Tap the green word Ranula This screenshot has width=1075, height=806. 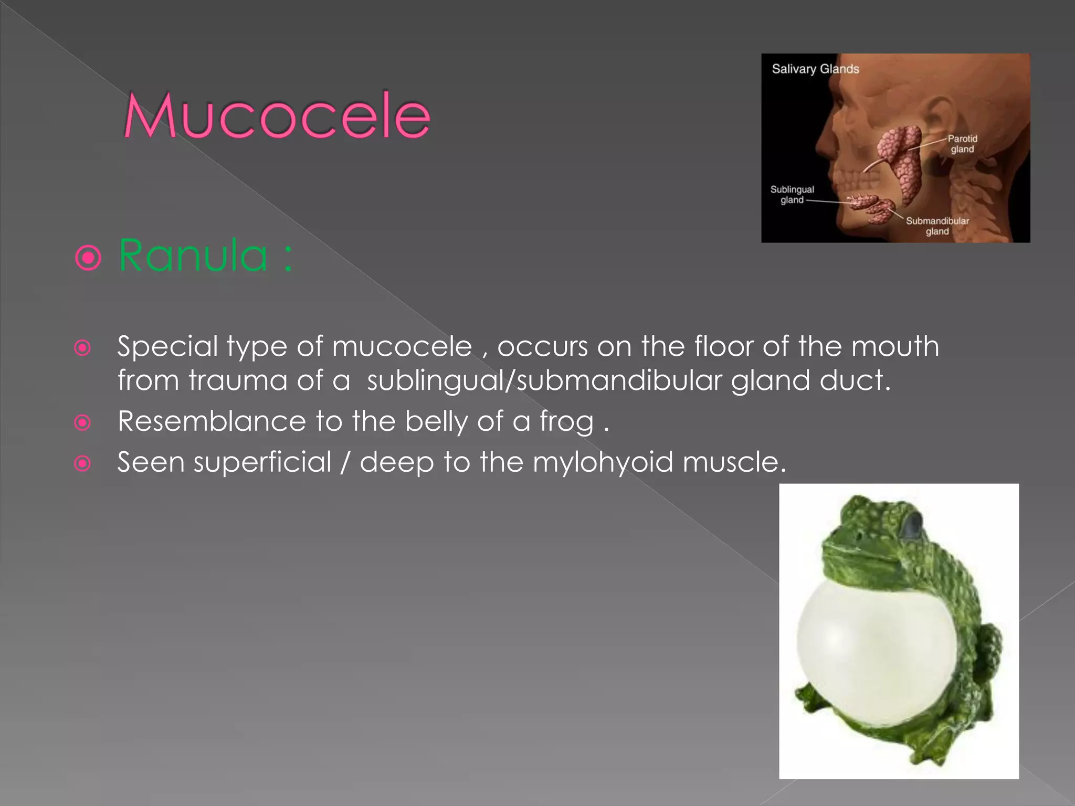point(193,256)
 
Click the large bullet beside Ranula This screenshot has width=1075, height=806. point(88,258)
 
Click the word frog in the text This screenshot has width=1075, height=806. point(566,422)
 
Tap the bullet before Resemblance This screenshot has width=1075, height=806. point(82,422)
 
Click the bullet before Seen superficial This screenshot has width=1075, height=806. point(82,463)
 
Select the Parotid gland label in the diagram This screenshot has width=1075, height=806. point(962,144)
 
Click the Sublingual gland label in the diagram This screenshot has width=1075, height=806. point(792,195)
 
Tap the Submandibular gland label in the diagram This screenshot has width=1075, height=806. point(937,226)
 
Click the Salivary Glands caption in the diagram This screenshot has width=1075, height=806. point(815,69)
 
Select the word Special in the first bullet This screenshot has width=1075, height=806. point(167,347)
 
